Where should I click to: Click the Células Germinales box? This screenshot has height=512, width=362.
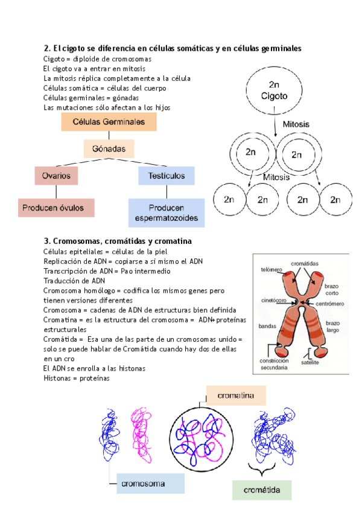coord(109,122)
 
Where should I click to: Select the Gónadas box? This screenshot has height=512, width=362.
coord(109,149)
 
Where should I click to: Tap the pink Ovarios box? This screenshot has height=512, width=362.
coord(56,176)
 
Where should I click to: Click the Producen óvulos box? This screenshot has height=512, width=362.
coord(56,208)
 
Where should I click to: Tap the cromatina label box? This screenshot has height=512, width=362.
coord(236,396)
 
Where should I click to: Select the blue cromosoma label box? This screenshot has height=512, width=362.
coord(150,484)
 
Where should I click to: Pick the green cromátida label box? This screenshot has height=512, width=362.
coord(261,490)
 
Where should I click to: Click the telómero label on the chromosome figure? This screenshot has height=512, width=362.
coord(271,269)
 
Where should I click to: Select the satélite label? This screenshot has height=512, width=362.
coord(309,362)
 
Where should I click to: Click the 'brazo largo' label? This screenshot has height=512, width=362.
coord(332,326)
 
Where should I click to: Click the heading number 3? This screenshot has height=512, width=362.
coord(46,241)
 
